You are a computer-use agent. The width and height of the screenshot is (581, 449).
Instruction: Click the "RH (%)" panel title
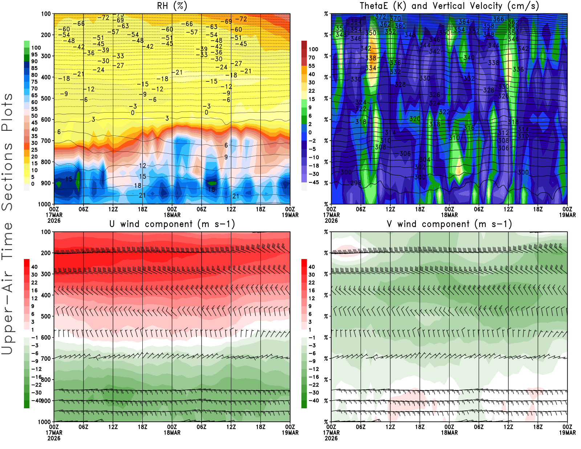click(172, 6)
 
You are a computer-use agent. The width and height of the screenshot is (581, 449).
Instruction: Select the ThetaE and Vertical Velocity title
click(449, 6)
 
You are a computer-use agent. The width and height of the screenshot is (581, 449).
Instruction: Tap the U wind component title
click(172, 224)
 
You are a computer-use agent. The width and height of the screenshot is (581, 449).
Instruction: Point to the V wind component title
click(449, 224)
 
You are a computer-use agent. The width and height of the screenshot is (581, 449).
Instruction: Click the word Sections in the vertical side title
click(7, 176)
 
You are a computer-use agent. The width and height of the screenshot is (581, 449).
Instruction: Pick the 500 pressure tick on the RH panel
click(46, 98)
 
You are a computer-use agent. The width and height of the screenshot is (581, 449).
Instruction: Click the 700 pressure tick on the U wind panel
click(46, 359)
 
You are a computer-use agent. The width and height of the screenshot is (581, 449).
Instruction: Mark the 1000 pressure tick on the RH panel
click(44, 204)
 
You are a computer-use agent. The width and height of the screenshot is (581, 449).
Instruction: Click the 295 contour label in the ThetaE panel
click(356, 183)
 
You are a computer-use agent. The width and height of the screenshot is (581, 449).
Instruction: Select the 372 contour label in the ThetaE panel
click(381, 17)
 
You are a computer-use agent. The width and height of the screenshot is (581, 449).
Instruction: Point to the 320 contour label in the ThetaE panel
click(415, 119)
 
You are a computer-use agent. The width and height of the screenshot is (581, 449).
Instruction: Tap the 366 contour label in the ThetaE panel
click(499, 19)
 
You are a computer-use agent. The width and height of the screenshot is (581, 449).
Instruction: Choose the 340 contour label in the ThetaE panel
click(469, 58)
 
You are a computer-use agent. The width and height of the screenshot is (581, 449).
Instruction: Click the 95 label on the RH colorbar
click(34, 54)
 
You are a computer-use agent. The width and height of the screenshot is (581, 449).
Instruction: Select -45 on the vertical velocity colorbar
click(313, 182)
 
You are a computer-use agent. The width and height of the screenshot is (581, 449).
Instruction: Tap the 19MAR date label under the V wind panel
click(567, 433)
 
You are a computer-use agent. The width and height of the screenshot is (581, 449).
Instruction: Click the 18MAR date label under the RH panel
click(172, 215)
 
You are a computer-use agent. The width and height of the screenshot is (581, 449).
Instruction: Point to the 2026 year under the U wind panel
click(54, 438)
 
